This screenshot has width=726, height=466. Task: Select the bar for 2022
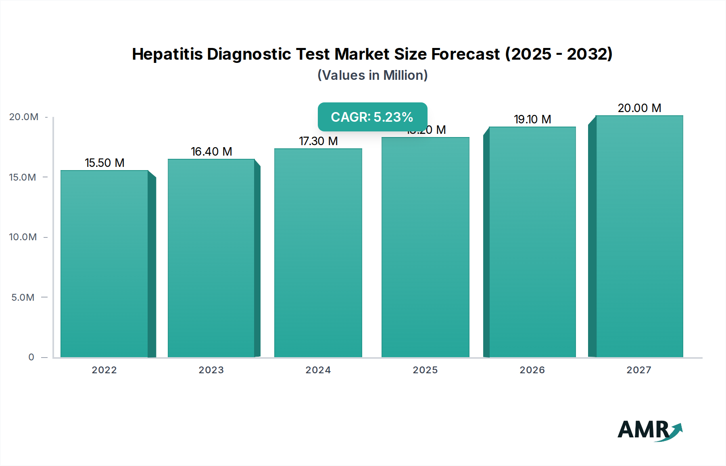(x=104, y=264)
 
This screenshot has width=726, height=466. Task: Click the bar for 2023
(x=211, y=258)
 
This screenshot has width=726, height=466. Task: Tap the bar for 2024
(x=318, y=253)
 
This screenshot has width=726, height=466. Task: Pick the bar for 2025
(x=426, y=247)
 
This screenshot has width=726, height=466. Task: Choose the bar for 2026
(x=532, y=242)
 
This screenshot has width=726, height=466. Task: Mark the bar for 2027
(x=639, y=236)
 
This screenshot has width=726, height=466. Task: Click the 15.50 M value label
(x=104, y=163)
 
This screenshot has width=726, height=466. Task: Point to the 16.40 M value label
(x=211, y=152)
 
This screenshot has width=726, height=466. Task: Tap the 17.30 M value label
(x=318, y=141)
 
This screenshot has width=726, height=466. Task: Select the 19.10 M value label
(x=532, y=119)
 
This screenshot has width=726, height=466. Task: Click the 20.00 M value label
(x=639, y=108)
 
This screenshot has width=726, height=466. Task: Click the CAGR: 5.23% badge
(x=372, y=117)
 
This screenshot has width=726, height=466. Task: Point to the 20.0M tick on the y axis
(x=24, y=117)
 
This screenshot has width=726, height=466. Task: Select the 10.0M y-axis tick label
(x=23, y=237)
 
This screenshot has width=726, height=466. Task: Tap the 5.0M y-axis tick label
(x=23, y=297)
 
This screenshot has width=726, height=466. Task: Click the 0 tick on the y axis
(x=31, y=357)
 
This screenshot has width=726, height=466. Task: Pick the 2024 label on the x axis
(x=318, y=370)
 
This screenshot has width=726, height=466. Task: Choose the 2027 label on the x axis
(x=639, y=370)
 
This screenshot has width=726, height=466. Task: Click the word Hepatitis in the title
(x=167, y=54)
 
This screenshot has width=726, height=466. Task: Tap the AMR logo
(x=649, y=430)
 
